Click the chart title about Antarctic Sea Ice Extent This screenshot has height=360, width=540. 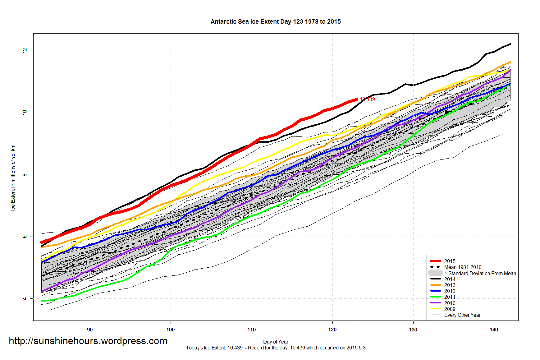276,22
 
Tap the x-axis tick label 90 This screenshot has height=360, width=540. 90,330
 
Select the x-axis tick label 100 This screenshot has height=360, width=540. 171,330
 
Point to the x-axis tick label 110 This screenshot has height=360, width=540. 251,330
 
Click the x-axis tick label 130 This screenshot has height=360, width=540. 413,330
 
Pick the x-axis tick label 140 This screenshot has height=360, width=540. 494,330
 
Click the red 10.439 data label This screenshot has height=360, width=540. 368,99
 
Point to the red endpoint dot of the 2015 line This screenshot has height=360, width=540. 357,99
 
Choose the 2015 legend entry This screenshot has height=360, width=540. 450,261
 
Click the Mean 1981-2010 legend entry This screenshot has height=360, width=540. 463,267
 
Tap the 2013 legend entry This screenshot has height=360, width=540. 450,285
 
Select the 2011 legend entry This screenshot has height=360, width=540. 450,297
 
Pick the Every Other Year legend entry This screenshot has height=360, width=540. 462,315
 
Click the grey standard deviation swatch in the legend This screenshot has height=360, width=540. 435,273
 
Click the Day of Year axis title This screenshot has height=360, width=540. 276,342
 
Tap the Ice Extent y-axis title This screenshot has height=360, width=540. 13,177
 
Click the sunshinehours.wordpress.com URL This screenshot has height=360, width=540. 88,341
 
